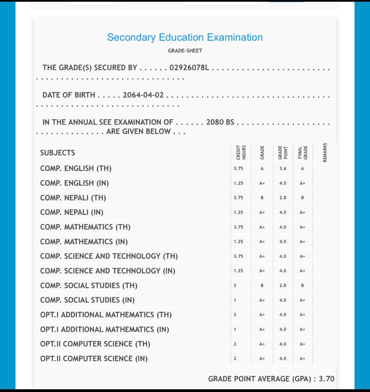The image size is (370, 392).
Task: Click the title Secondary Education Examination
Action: tap(185, 37)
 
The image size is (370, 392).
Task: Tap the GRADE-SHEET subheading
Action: tap(185, 51)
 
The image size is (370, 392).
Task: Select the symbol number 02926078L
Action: tap(189, 68)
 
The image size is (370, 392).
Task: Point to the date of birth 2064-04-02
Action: tap(143, 95)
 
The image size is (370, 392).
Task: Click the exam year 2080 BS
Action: tap(220, 122)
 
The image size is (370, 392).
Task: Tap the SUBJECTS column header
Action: tap(58, 153)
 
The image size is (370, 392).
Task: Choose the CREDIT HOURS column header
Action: tap(241, 153)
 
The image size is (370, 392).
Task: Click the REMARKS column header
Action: tap(325, 152)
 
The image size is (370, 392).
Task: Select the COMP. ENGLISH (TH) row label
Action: tap(76, 169)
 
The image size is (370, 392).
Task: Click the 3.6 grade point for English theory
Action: tap(283, 169)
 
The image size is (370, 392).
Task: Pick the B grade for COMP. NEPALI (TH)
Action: tap(262, 198)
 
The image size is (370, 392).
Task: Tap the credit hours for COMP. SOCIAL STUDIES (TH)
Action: tap(235, 286)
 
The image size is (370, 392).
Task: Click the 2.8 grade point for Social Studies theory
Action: tap(283, 286)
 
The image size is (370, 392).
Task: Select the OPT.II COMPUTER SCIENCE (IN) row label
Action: tap(94, 359)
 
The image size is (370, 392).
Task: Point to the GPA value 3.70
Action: tap(326, 379)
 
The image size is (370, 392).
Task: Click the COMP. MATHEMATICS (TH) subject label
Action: tap(85, 227)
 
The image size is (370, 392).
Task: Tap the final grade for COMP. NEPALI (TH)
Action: tap(303, 198)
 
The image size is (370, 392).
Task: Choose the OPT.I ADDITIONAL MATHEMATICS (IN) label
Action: tap(104, 330)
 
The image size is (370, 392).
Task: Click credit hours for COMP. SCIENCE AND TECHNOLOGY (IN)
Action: tap(238, 271)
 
